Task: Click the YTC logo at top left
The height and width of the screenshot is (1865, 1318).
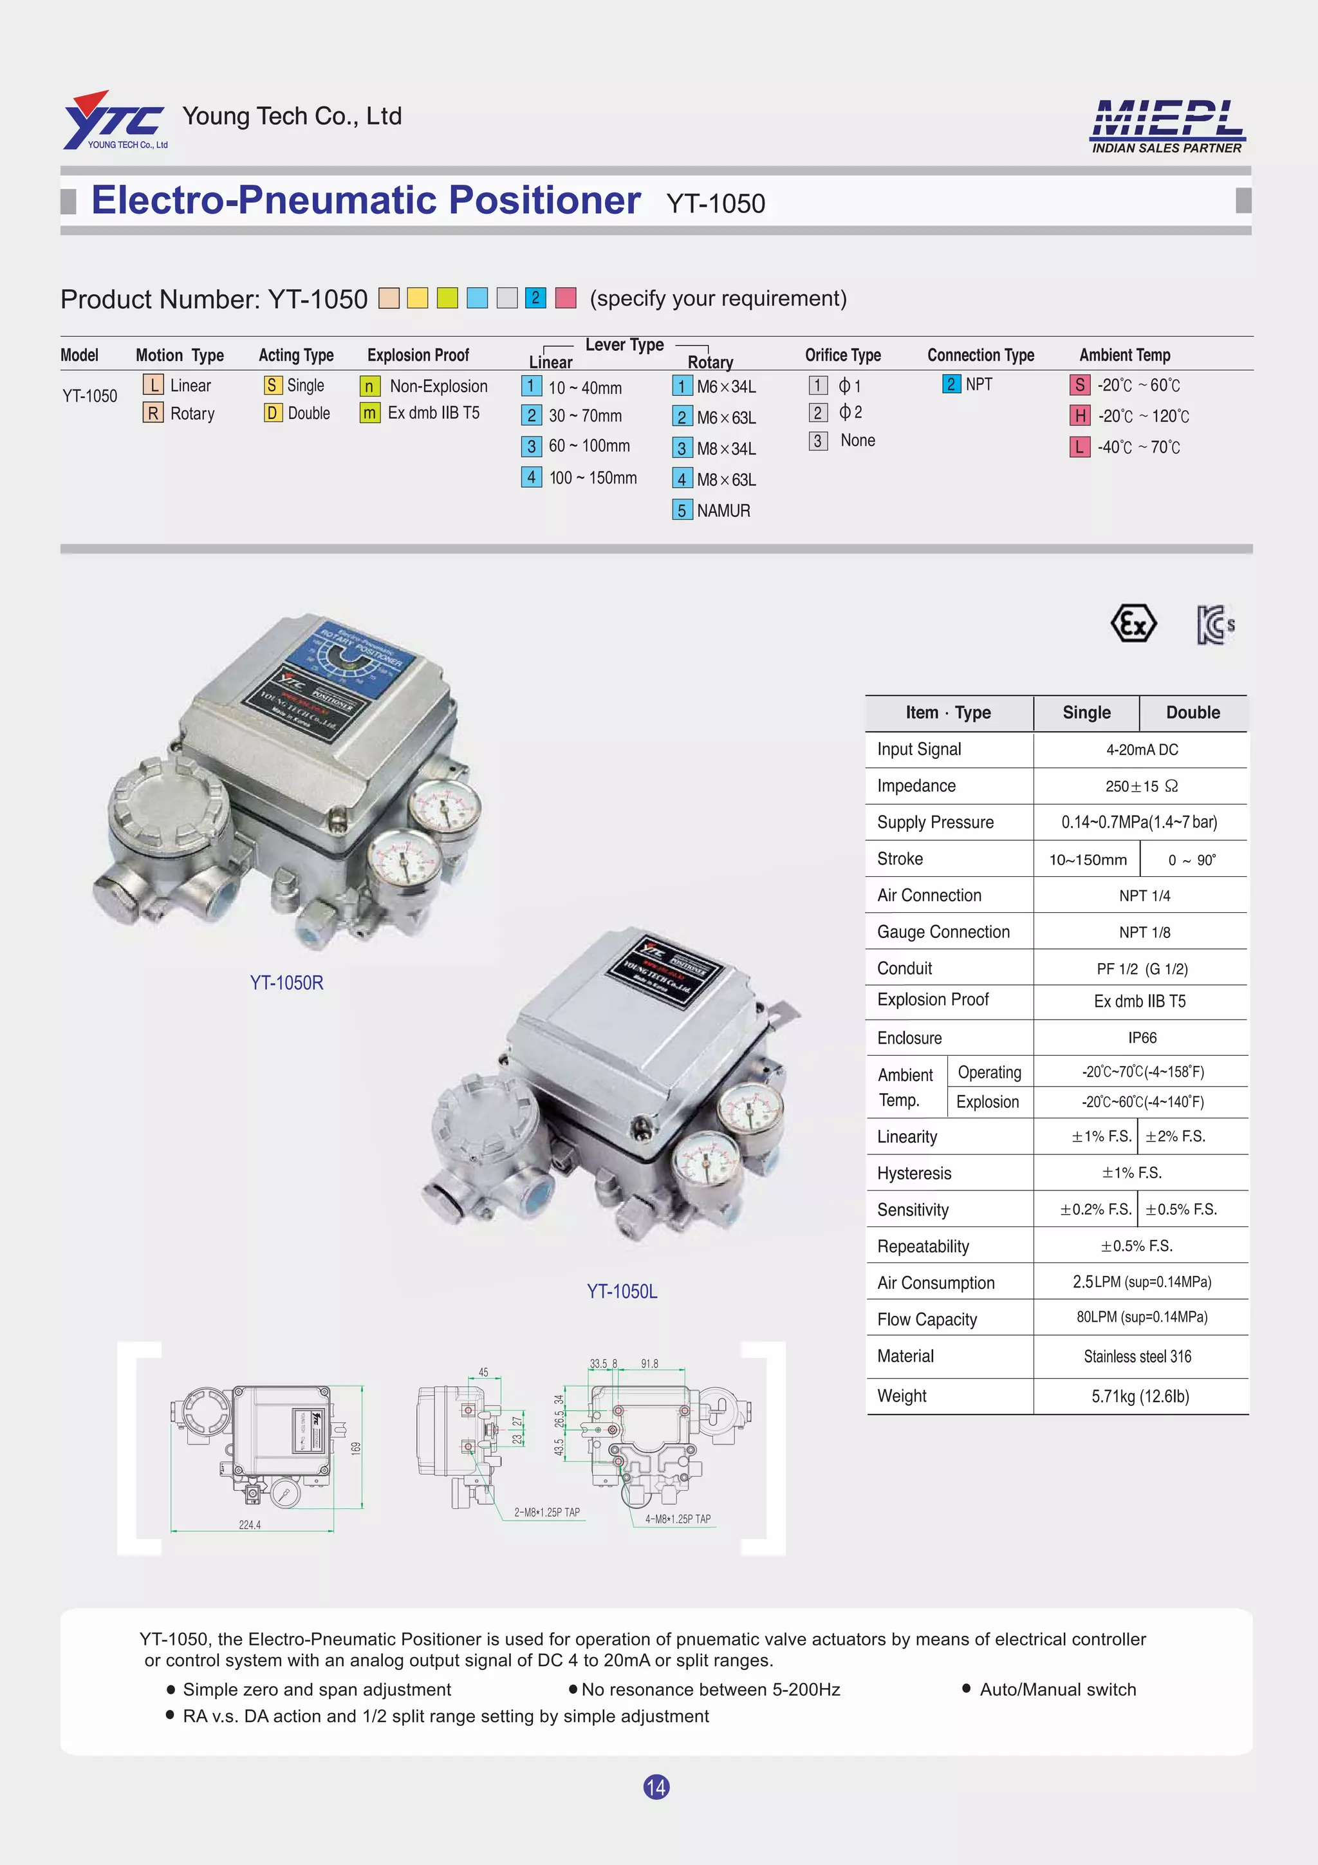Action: pyautogui.click(x=115, y=120)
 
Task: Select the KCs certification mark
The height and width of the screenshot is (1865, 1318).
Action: pyautogui.click(x=1215, y=624)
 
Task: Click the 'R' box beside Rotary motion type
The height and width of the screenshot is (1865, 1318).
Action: pyautogui.click(x=153, y=413)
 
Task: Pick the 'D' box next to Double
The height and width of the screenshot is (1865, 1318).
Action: pyautogui.click(x=273, y=413)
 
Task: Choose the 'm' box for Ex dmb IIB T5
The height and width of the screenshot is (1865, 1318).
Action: pyautogui.click(x=369, y=413)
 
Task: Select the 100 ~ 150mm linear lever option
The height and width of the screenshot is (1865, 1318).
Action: pyautogui.click(x=592, y=478)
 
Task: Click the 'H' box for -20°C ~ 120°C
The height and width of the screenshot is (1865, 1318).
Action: pyautogui.click(x=1079, y=416)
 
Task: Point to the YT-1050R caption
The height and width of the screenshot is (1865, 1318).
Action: pyautogui.click(x=286, y=983)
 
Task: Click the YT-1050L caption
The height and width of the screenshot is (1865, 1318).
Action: pyautogui.click(x=622, y=1291)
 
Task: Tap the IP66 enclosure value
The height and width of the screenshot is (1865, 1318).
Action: pyautogui.click(x=1142, y=1038)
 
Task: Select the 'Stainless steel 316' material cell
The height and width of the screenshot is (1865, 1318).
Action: pyautogui.click(x=1137, y=1356)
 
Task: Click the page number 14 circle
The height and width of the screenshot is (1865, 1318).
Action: pyautogui.click(x=656, y=1787)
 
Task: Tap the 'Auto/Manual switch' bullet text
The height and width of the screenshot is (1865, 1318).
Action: pyautogui.click(x=1057, y=1689)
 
